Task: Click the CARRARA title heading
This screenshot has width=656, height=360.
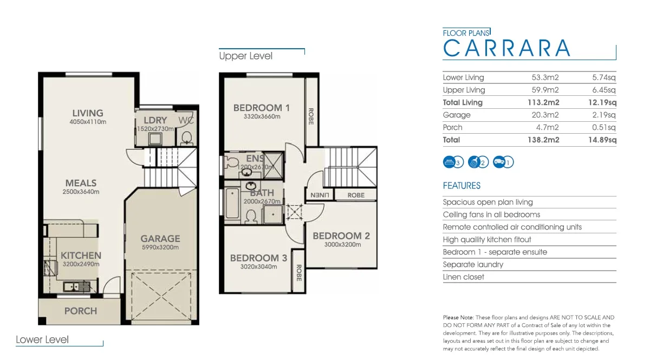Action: (x=507, y=48)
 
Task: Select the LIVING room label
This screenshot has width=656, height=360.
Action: (x=88, y=113)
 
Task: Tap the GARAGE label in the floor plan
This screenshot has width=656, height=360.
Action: (x=160, y=238)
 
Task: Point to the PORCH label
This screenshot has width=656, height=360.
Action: (x=81, y=311)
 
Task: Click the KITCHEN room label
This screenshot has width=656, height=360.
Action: (x=81, y=256)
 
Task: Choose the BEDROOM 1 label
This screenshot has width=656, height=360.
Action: (x=262, y=108)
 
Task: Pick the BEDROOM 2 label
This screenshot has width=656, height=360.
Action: (x=341, y=236)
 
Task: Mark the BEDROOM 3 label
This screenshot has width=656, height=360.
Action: (x=258, y=258)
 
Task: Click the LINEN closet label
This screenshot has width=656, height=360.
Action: (x=320, y=195)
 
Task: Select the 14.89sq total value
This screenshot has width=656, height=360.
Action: (x=604, y=140)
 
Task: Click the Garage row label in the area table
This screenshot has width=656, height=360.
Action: (x=457, y=115)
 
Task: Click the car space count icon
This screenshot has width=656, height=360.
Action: (x=503, y=162)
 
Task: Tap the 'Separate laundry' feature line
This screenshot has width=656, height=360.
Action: (x=473, y=264)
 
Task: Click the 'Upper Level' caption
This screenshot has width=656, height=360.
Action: (x=245, y=56)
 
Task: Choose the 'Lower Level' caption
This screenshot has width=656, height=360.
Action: (x=42, y=339)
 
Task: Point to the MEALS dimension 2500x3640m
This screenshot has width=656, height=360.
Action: (x=81, y=192)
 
